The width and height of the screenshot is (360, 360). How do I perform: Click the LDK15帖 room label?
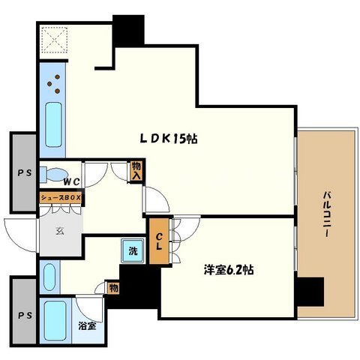[169, 139]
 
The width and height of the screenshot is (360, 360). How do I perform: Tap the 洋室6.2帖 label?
[229, 270]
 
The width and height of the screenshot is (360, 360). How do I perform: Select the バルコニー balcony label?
[328, 214]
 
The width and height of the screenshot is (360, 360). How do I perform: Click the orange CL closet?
[159, 241]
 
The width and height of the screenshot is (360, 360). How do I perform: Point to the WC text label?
[71, 181]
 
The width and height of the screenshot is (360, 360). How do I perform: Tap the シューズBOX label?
[61, 198]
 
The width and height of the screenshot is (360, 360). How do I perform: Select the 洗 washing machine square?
[133, 250]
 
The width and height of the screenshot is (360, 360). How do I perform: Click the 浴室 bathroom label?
[88, 325]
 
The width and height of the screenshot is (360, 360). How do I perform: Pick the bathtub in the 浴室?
[55, 320]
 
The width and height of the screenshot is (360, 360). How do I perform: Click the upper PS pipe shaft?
[25, 172]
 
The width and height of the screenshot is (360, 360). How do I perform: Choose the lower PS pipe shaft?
[25, 315]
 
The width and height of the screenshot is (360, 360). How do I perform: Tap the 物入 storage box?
[136, 171]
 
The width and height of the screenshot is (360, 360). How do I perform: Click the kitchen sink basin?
[53, 124]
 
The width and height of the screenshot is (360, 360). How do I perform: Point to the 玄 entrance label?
[60, 231]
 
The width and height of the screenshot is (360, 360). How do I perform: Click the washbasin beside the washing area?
[49, 277]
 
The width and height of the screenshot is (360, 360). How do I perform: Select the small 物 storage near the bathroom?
[113, 288]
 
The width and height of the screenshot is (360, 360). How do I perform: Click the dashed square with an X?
[55, 40]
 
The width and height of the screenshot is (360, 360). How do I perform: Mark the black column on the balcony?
[310, 292]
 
